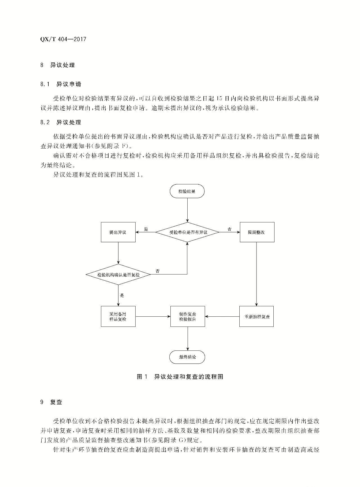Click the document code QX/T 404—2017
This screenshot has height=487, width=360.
tap(63, 39)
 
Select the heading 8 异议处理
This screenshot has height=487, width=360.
tap(58, 65)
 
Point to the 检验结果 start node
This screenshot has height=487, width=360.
tap(187, 191)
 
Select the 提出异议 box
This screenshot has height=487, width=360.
tap(118, 232)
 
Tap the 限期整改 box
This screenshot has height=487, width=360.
tap(257, 232)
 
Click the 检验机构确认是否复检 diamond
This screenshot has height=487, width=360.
tap(118, 274)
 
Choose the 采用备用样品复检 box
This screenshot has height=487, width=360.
tap(118, 316)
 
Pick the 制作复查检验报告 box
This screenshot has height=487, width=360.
tap(188, 316)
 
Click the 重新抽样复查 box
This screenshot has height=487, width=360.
tap(256, 316)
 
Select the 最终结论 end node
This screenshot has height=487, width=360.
tap(187, 357)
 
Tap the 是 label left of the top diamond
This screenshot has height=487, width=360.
tap(146, 229)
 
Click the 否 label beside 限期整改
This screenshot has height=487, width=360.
tap(229, 229)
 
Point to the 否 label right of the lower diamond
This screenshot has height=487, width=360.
tap(157, 271)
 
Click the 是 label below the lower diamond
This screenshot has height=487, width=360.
tap(122, 295)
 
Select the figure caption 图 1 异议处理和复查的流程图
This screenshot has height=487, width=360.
tap(180, 377)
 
